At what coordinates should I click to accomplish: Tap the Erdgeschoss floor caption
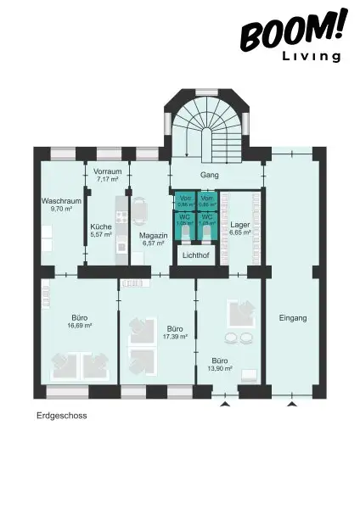coord(62,417)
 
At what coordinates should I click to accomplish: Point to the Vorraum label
coord(108,171)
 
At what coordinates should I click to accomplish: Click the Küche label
coord(101,227)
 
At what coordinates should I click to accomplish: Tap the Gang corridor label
coord(209,174)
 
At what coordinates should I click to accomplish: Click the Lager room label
coord(240,225)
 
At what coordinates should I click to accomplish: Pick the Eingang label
coord(292,318)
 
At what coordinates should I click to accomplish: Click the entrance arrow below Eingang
coord(292,406)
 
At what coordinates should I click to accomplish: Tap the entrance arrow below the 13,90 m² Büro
coord(225,406)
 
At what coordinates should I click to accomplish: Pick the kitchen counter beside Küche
coord(121,225)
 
